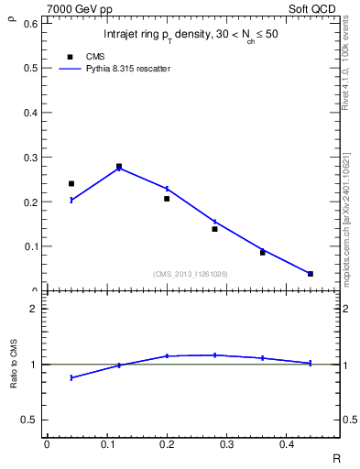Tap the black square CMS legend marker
pos(71,57)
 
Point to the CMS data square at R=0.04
pos(71,183)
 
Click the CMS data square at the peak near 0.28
pos(119,167)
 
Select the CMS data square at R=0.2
pos(167,198)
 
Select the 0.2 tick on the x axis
pos(167,444)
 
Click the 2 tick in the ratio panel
pos(33,309)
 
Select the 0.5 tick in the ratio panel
pos(30,420)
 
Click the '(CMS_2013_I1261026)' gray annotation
pos(191,274)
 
